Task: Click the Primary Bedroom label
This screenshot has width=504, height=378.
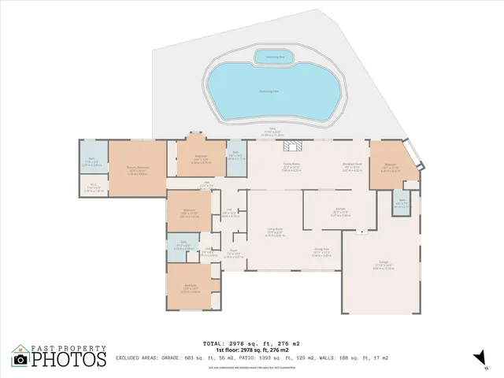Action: (139, 169)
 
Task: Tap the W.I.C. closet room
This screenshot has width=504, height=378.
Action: (93, 187)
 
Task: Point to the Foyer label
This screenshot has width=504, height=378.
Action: (234, 255)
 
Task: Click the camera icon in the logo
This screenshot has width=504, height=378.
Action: (20, 358)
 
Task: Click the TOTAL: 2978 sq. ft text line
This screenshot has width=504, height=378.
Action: (251, 343)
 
